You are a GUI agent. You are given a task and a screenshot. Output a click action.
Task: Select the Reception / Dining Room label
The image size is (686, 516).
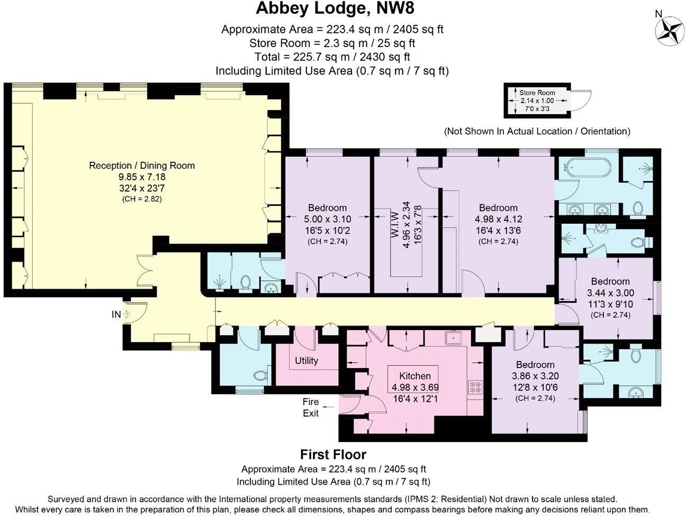pyautogui.click(x=142, y=165)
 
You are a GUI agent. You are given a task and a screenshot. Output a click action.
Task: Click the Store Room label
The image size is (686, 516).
pyautogui.click(x=537, y=93)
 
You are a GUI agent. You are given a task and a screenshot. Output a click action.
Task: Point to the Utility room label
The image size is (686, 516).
pyautogui.click(x=306, y=361)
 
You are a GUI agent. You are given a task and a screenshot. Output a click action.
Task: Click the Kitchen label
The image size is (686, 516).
pyautogui.click(x=414, y=376)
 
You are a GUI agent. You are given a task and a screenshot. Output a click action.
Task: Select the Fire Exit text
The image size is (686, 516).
pyautogui.click(x=311, y=408)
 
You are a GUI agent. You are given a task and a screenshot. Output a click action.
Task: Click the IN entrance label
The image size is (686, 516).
pyautogui.click(x=116, y=315)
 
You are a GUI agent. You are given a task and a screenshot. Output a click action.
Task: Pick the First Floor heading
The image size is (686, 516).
pyautogui.click(x=333, y=454)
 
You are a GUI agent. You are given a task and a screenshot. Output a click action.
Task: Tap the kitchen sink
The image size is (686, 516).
pyautogui.click(x=453, y=337)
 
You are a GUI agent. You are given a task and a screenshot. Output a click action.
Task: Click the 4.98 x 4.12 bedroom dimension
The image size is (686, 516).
pyautogui.click(x=498, y=218)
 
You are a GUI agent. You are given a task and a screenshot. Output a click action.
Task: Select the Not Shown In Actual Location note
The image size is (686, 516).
pyautogui.click(x=537, y=131)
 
